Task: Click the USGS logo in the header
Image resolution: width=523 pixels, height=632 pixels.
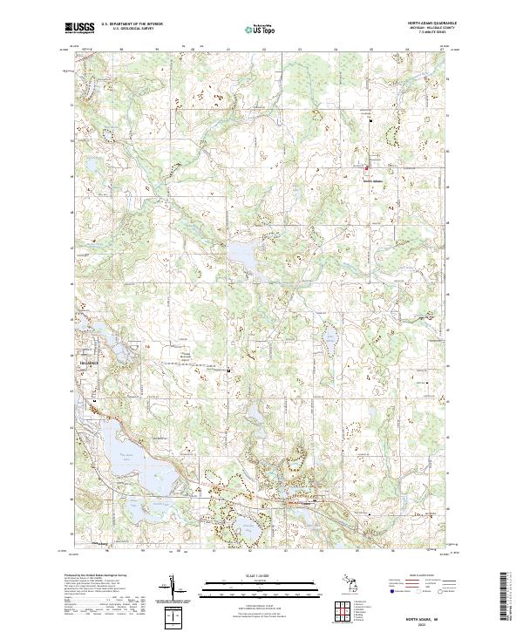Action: [x=79, y=29]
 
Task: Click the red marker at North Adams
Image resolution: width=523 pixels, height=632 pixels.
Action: [x=367, y=168]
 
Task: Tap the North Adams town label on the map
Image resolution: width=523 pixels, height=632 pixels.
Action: [x=372, y=180]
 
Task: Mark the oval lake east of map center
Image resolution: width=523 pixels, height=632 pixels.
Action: [x=329, y=336]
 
